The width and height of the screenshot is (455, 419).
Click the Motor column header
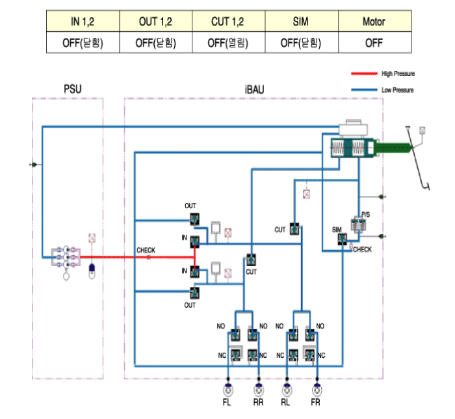[374, 22]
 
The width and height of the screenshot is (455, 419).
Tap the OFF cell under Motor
[374, 43]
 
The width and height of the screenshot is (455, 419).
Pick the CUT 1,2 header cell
[229, 22]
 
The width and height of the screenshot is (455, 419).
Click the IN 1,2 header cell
[83, 22]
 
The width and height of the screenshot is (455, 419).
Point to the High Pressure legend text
[398, 74]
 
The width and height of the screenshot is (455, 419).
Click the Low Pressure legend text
[397, 90]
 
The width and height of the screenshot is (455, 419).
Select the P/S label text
[366, 214]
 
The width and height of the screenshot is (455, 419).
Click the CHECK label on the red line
[146, 250]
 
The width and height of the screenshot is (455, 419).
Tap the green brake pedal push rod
[393, 148]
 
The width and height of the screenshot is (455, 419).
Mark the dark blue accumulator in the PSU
[92, 269]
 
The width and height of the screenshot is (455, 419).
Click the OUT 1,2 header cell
[156, 22]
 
